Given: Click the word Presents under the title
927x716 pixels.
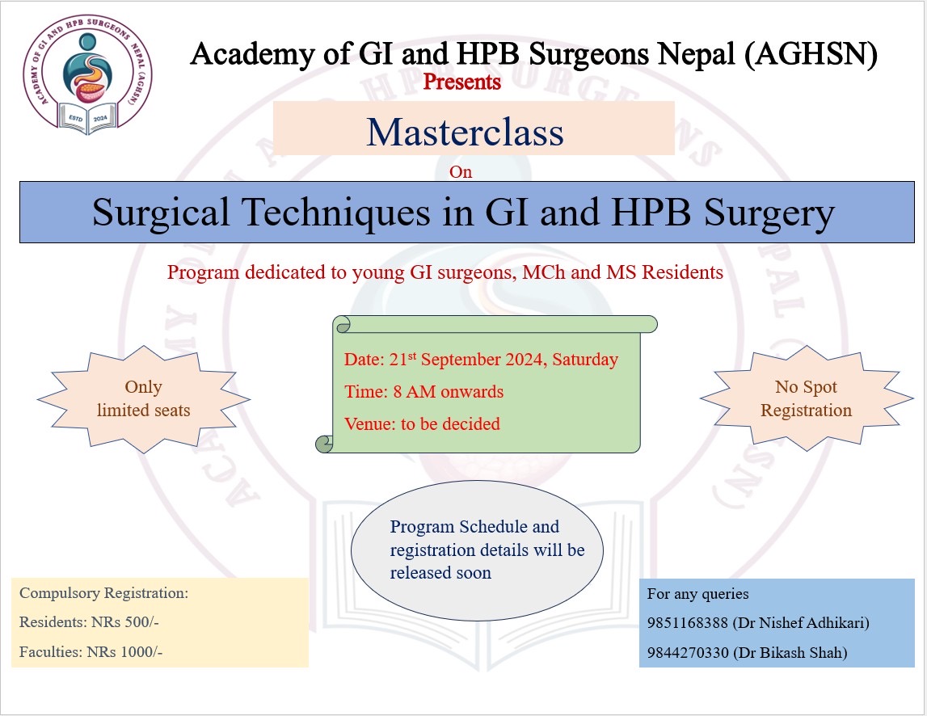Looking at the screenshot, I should pyautogui.click(x=462, y=82).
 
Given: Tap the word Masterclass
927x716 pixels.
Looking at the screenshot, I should pyautogui.click(x=465, y=132).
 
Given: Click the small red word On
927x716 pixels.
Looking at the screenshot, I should pyautogui.click(x=461, y=171).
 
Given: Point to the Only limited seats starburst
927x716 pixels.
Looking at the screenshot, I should pyautogui.click(x=143, y=398).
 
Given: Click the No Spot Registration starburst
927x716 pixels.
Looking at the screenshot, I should pyautogui.click(x=806, y=398).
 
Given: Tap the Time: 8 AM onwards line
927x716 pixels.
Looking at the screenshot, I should pyautogui.click(x=423, y=392).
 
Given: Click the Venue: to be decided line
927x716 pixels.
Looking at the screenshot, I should pyautogui.click(x=422, y=423).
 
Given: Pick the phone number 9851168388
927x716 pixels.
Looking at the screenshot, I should pyautogui.click(x=688, y=623).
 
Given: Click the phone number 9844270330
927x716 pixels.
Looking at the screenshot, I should pyautogui.click(x=688, y=653).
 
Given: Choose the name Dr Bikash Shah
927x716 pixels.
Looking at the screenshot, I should pyautogui.click(x=790, y=653).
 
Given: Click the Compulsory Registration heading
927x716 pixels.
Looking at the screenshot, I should pyautogui.click(x=103, y=593).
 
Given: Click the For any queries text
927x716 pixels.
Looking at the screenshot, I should pyautogui.click(x=697, y=594).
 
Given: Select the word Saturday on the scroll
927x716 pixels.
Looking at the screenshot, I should pyautogui.click(x=586, y=360).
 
